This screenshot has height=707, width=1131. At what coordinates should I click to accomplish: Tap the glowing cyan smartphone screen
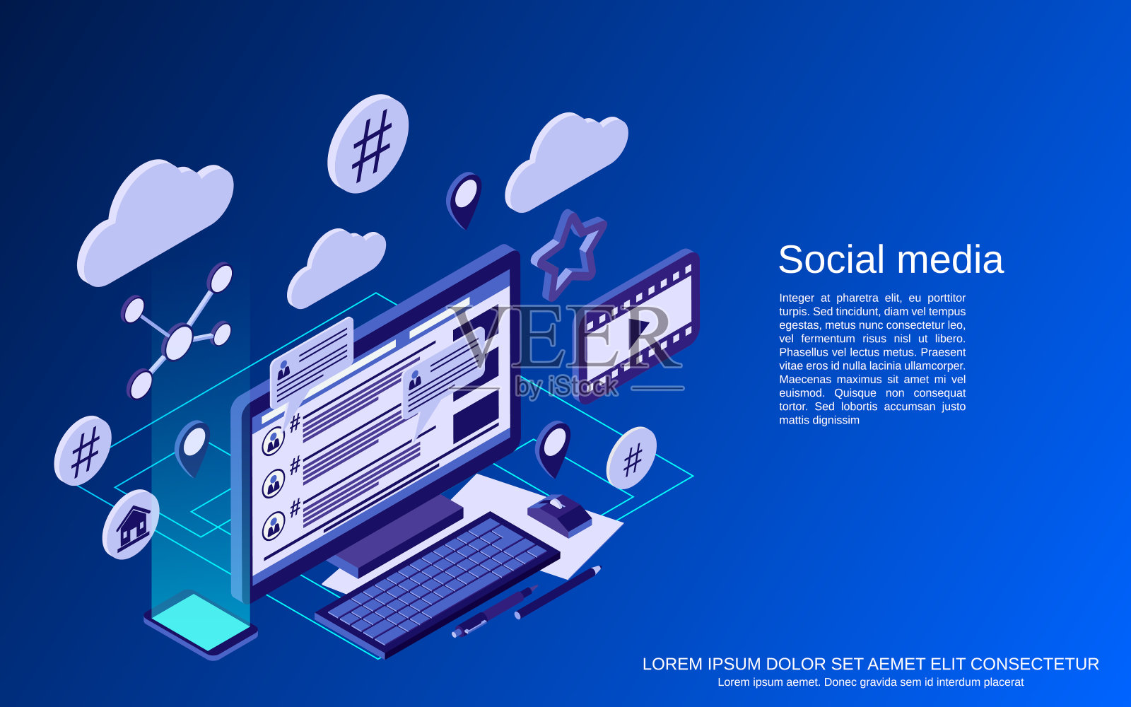(x=201, y=621)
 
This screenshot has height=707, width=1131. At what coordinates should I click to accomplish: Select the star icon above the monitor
(x=570, y=254)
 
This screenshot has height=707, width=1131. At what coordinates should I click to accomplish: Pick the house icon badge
(x=131, y=525)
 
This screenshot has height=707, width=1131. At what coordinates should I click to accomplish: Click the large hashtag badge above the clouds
(x=368, y=144)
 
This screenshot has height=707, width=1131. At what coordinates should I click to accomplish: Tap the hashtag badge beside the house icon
(x=83, y=451)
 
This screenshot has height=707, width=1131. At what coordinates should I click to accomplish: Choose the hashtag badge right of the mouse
(x=631, y=458)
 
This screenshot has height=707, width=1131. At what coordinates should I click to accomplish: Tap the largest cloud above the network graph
(x=155, y=223)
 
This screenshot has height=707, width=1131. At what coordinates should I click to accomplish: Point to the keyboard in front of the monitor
(x=438, y=584)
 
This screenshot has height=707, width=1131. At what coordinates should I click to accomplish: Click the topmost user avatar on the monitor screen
(x=273, y=441)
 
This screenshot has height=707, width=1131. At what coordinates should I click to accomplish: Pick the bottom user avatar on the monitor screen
(x=273, y=526)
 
